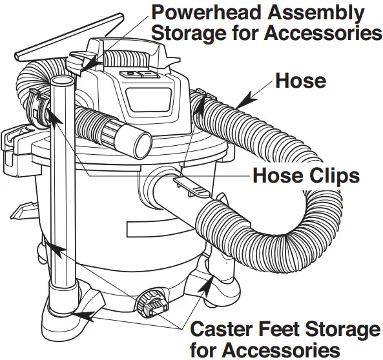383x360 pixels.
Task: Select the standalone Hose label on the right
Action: [x=300, y=81]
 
